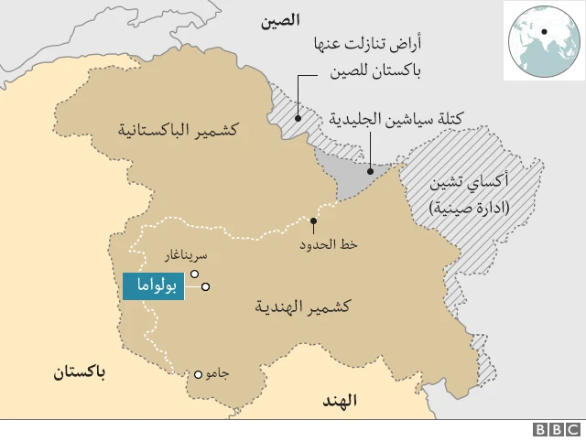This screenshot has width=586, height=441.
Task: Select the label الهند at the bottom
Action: [340, 400]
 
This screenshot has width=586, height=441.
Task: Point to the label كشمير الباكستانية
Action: [177, 130]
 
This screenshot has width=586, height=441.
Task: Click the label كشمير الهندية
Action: [304, 307]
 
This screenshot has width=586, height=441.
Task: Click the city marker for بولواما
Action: [206, 287]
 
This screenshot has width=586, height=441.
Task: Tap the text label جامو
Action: [218, 373]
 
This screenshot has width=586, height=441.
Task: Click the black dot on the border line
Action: [314, 221]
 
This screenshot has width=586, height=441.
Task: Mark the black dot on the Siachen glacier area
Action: [371, 170]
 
